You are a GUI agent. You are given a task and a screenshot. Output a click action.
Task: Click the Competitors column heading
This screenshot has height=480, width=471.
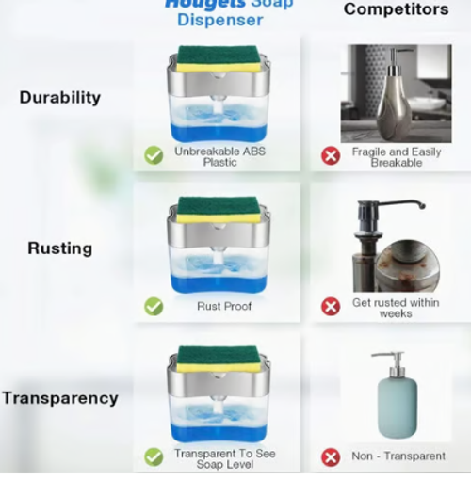click(x=396, y=9)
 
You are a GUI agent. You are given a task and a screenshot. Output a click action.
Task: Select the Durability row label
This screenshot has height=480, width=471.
click(x=59, y=97)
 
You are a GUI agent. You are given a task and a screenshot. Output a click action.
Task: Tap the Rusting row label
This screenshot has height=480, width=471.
click(x=59, y=248)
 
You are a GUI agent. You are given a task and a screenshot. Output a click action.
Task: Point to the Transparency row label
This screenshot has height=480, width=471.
click(x=60, y=397)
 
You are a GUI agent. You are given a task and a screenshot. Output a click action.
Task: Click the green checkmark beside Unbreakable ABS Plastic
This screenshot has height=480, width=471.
click(x=154, y=155)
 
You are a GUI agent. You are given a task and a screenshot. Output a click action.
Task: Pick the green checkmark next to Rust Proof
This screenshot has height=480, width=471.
click(x=154, y=306)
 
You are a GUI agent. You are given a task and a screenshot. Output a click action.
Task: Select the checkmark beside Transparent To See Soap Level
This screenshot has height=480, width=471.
click(x=154, y=457)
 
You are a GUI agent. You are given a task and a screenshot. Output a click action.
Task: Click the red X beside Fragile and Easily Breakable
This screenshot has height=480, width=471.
click(x=331, y=155)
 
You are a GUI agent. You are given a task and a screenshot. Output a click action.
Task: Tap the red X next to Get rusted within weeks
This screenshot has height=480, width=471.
click(x=331, y=307)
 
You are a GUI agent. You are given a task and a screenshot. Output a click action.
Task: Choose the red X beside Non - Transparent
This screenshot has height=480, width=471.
click(x=331, y=457)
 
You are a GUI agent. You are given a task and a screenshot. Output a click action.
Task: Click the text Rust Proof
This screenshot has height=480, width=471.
click(x=224, y=306)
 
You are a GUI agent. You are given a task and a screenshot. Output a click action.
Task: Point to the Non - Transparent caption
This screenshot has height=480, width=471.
click(x=398, y=456)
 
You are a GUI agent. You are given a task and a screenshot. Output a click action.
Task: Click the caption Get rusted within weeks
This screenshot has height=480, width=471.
click(x=396, y=308)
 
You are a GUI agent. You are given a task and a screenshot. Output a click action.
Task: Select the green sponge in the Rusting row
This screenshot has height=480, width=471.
click(x=219, y=205)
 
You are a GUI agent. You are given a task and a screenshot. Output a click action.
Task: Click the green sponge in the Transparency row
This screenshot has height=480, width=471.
click(x=219, y=355)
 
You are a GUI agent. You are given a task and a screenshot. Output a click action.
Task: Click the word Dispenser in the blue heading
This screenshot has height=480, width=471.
click(x=219, y=20)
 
